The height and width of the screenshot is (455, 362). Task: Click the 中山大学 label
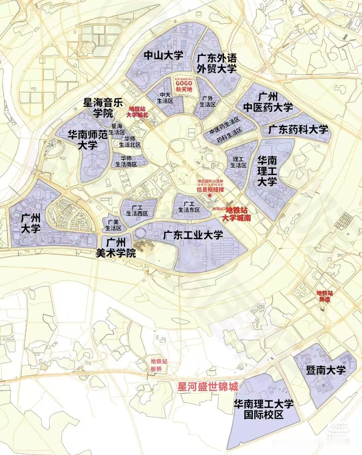163,55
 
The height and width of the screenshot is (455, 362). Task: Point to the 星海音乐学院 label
104,107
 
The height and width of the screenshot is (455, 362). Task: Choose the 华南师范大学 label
88,140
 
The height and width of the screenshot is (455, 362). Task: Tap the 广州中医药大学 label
268,102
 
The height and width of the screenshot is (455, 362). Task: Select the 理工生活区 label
238,162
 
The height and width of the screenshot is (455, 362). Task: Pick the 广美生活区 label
113,225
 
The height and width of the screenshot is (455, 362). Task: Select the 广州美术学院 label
116,248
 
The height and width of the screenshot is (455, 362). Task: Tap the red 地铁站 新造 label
324,296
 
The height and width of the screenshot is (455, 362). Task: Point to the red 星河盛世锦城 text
207,387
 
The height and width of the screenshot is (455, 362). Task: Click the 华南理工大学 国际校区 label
263,409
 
